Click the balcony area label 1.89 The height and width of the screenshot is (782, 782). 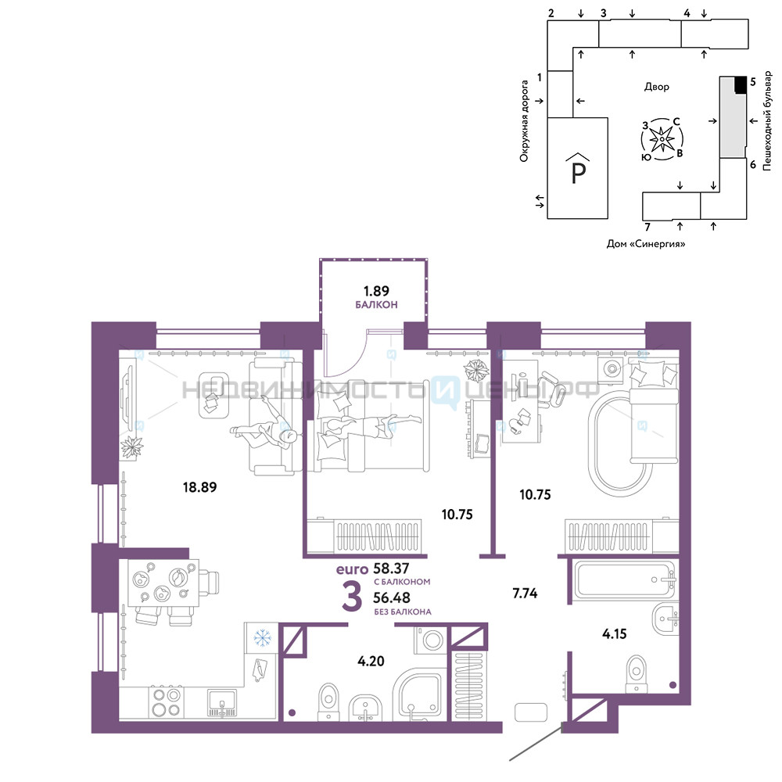pos(376,291)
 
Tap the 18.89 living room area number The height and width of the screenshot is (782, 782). pos(199,487)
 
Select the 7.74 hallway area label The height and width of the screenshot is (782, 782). pos(525,593)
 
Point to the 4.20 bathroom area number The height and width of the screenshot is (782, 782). pos(371,662)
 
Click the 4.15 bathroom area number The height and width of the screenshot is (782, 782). pos(614,634)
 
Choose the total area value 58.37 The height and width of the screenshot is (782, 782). pos(391,568)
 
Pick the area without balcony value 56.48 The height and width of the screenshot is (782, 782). pos(392,597)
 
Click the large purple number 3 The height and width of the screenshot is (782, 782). pos(352,597)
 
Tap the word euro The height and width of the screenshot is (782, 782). pos(352,569)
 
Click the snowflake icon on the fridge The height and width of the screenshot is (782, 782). pos(262,637)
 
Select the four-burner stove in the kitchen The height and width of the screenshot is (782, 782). pos(167,701)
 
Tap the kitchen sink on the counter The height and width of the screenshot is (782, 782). pos(222,702)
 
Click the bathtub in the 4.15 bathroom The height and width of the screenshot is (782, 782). pos(624,579)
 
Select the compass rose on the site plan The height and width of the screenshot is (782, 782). pos(662,139)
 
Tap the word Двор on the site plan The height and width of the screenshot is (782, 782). pos(656,87)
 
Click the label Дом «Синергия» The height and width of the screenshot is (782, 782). pos(645,244)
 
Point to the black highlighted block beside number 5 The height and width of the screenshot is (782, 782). pos(741,84)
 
